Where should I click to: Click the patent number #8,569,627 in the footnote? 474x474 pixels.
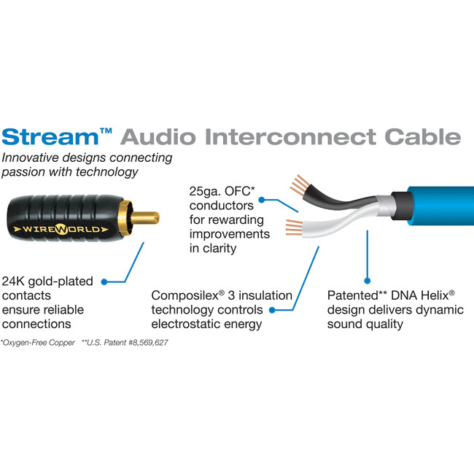(x=144, y=342)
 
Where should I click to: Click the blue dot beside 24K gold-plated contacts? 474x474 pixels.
(x=105, y=281)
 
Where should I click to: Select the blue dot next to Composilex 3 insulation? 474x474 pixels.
(x=271, y=310)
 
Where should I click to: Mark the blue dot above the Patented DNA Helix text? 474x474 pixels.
(x=365, y=279)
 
